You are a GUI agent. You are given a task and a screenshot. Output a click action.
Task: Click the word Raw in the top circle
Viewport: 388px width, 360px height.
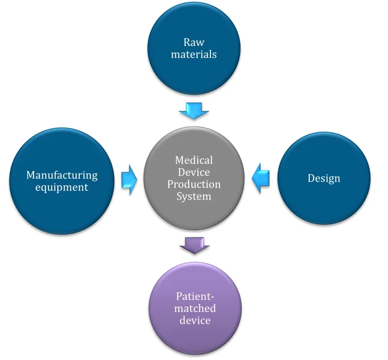tap(194, 43)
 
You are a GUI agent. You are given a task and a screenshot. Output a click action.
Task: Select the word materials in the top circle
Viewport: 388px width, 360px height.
tap(194, 54)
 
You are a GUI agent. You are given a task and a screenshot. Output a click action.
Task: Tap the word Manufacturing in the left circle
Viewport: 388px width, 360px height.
tap(62, 174)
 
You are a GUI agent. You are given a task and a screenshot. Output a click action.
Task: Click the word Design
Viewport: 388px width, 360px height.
tap(323, 178)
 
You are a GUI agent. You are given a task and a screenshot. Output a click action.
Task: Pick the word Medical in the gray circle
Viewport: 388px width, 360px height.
tap(194, 160)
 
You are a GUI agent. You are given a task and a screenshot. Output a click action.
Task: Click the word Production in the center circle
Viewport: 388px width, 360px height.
tap(194, 184)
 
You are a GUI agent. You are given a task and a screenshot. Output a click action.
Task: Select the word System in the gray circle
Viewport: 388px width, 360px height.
tap(194, 196)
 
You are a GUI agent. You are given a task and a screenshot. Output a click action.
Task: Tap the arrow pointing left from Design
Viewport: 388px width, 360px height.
tap(260, 179)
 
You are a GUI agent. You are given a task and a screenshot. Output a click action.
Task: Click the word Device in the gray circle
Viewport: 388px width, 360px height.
tap(194, 172)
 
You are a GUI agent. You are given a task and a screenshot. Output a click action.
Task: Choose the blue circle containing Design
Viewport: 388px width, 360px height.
tap(324, 203)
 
